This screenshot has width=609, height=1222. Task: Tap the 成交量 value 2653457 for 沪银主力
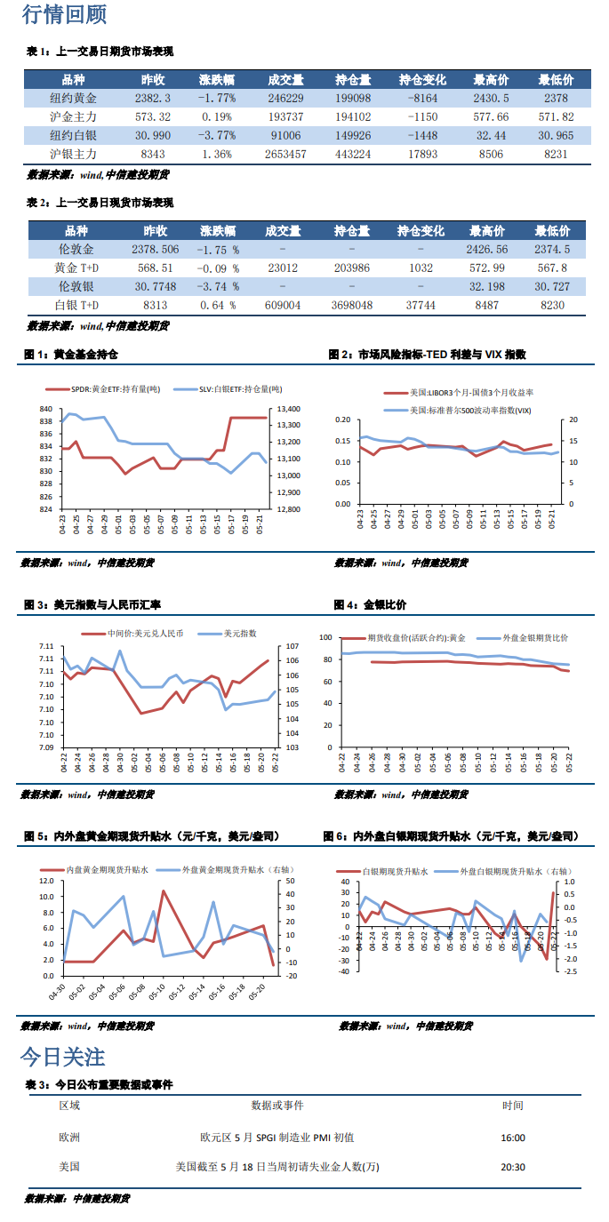[x=285, y=154]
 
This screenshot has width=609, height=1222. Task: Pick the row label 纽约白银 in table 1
[x=74, y=135]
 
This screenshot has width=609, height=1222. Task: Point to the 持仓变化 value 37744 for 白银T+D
[x=421, y=305]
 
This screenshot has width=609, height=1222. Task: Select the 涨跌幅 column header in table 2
[x=219, y=231]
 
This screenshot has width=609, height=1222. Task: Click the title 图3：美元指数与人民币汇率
[x=92, y=604]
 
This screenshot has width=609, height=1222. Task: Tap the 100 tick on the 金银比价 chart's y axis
[x=325, y=638]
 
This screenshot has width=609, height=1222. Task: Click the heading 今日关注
[x=62, y=1057]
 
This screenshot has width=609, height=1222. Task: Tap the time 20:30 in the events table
[x=513, y=1167]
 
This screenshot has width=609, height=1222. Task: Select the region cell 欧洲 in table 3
[x=69, y=1137]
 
